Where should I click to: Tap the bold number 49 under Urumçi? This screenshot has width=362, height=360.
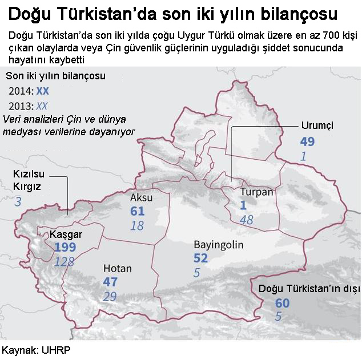307,141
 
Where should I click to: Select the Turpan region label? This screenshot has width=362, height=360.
256,192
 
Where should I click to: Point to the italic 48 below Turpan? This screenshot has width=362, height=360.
247,220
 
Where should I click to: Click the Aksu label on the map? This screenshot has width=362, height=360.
141,197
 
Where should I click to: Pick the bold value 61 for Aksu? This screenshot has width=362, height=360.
137,212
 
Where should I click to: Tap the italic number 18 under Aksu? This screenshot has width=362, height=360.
137,226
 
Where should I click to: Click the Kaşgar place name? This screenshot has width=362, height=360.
66,234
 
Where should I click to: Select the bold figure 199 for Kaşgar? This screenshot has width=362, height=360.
66,248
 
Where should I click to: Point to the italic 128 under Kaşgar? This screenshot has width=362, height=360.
65,261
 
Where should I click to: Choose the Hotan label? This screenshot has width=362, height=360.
117,268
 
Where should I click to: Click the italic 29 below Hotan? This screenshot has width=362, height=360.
110,296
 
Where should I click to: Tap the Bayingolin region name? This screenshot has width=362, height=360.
219,245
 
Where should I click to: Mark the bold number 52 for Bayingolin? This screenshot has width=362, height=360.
200,258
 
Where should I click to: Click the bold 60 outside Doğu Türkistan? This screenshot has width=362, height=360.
282,303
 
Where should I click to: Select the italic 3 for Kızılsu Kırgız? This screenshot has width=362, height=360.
18,201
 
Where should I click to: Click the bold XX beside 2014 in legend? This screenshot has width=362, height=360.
42,91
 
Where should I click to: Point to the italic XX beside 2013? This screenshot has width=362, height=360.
42,106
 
